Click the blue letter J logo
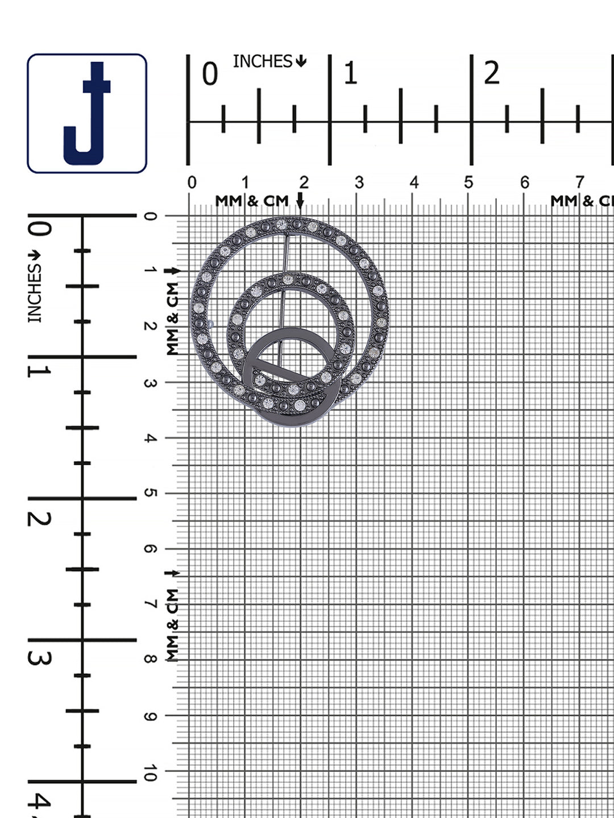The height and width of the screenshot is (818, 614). coord(87,113)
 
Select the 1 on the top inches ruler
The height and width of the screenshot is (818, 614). coord(350,73)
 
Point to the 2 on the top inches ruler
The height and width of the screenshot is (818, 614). coord(491,73)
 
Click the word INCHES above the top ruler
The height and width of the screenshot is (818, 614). coord(263,61)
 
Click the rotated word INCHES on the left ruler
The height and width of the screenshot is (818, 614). coord(35,293)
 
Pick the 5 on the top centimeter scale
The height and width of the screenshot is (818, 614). coord(468,182)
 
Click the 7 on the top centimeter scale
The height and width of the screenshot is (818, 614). coord(579,182)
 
